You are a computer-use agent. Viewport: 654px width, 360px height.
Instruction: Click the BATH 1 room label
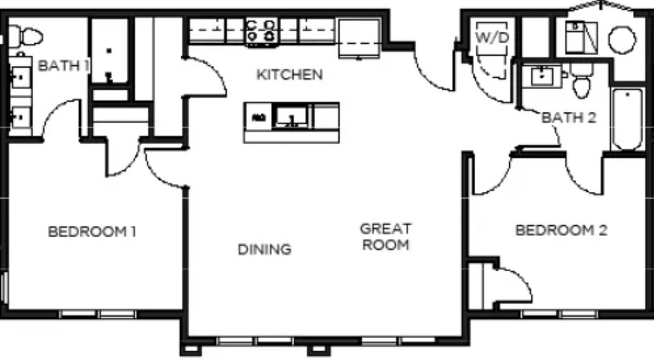click(63, 65)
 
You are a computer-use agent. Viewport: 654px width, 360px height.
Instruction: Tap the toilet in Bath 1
click(25, 36)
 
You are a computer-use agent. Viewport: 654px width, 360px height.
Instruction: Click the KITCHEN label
click(290, 74)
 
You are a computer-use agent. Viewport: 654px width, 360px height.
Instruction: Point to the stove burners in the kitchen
click(261, 31)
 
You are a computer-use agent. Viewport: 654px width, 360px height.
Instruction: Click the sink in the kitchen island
click(291, 116)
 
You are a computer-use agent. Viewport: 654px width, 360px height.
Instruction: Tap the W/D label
click(492, 37)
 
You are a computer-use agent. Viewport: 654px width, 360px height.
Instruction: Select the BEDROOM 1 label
click(92, 232)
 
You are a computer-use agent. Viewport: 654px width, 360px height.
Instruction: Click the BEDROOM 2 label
click(562, 230)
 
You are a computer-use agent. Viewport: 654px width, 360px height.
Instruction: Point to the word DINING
click(265, 250)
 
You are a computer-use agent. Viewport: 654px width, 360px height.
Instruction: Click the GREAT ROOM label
click(385, 236)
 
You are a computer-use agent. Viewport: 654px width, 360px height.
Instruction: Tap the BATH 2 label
click(569, 118)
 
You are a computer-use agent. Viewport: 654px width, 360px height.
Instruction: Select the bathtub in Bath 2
click(627, 120)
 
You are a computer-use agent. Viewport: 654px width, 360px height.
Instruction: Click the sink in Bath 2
click(542, 76)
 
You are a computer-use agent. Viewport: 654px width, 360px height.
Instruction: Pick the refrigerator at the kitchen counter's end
click(360, 37)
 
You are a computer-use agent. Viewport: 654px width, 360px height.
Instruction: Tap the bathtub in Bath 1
click(109, 50)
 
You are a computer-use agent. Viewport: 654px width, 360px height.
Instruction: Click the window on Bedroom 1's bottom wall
click(98, 314)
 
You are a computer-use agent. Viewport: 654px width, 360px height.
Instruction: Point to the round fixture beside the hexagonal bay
click(622, 41)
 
